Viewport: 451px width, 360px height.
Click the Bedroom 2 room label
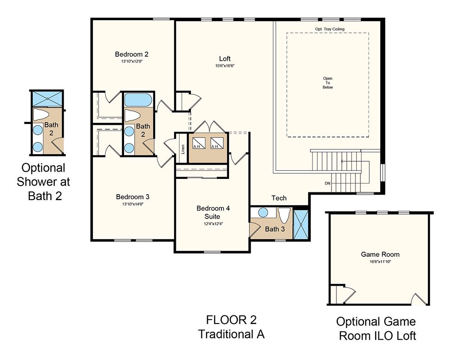132,54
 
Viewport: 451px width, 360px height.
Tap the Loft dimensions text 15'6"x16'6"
225,66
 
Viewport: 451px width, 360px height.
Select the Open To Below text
327,83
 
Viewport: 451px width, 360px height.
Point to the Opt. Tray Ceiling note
330,29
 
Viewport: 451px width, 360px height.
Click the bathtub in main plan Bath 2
138,100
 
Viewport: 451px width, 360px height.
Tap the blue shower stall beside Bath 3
301,225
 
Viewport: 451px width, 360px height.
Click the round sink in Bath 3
263,213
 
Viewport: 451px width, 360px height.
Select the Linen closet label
183,149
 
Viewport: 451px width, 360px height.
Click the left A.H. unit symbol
199,143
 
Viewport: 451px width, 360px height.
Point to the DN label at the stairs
327,183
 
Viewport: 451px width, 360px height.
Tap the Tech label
279,198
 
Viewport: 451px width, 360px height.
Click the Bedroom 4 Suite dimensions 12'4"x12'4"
213,224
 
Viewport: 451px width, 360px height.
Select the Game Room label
380,254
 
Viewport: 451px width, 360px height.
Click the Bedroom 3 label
133,197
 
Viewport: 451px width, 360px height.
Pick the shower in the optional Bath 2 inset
47,99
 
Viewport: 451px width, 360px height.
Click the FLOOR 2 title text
231,320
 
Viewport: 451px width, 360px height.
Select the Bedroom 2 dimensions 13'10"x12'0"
132,61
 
